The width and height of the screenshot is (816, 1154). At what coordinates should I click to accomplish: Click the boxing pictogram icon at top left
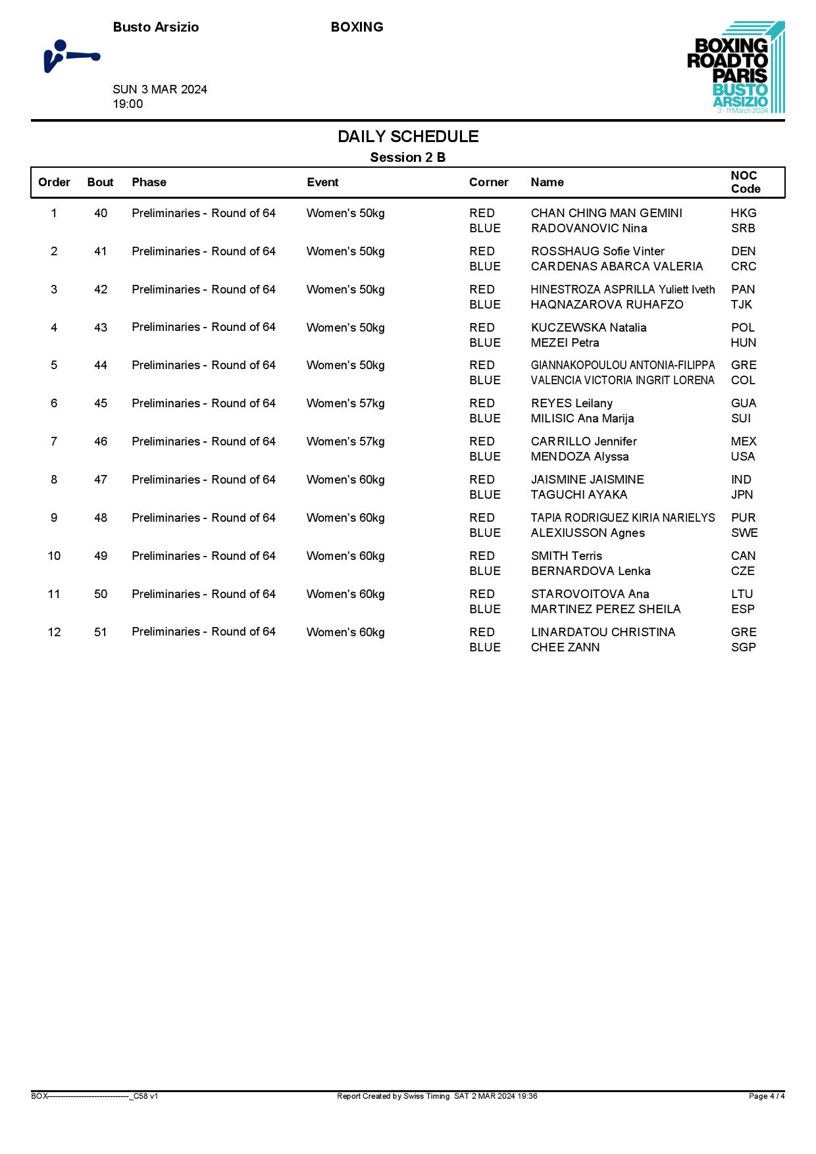click(71, 57)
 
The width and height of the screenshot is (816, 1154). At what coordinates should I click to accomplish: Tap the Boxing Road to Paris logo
click(736, 67)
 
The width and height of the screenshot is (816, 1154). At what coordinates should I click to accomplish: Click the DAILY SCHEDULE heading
click(408, 137)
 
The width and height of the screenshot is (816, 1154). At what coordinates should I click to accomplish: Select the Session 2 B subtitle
click(407, 157)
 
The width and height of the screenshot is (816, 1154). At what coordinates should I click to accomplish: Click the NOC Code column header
click(745, 182)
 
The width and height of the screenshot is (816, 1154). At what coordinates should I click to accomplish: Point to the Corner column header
click(488, 182)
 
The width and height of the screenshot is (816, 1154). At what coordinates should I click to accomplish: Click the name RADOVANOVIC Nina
click(588, 228)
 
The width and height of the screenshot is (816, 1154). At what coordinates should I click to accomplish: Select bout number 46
click(101, 441)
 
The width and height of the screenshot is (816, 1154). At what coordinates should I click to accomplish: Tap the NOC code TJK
click(741, 305)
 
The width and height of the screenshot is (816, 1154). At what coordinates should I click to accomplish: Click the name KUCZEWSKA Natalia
click(588, 328)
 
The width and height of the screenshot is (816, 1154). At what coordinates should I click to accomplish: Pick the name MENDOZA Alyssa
click(579, 457)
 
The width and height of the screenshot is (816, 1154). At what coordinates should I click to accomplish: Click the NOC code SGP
click(743, 647)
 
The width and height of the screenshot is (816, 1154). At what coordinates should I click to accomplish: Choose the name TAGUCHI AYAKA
click(578, 495)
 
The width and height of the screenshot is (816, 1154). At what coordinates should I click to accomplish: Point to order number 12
click(54, 632)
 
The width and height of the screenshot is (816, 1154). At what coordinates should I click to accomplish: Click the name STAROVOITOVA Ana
click(590, 594)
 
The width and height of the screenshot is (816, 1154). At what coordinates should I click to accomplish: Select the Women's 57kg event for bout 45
click(345, 403)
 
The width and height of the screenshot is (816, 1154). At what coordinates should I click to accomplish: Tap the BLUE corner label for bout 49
click(484, 571)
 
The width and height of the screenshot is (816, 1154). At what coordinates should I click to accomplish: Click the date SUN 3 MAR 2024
click(160, 89)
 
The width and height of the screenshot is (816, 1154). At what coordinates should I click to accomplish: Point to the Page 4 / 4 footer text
click(766, 1096)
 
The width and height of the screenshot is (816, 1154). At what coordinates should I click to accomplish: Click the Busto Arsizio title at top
click(156, 27)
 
